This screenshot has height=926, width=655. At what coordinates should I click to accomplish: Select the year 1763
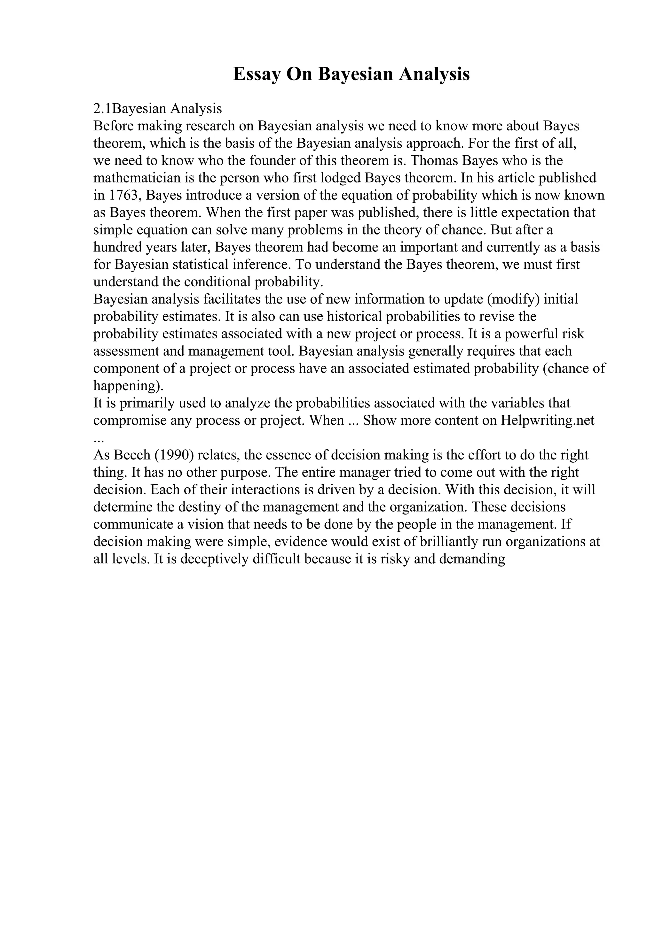coord(123,195)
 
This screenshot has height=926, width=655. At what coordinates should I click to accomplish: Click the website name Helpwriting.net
coord(547,420)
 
